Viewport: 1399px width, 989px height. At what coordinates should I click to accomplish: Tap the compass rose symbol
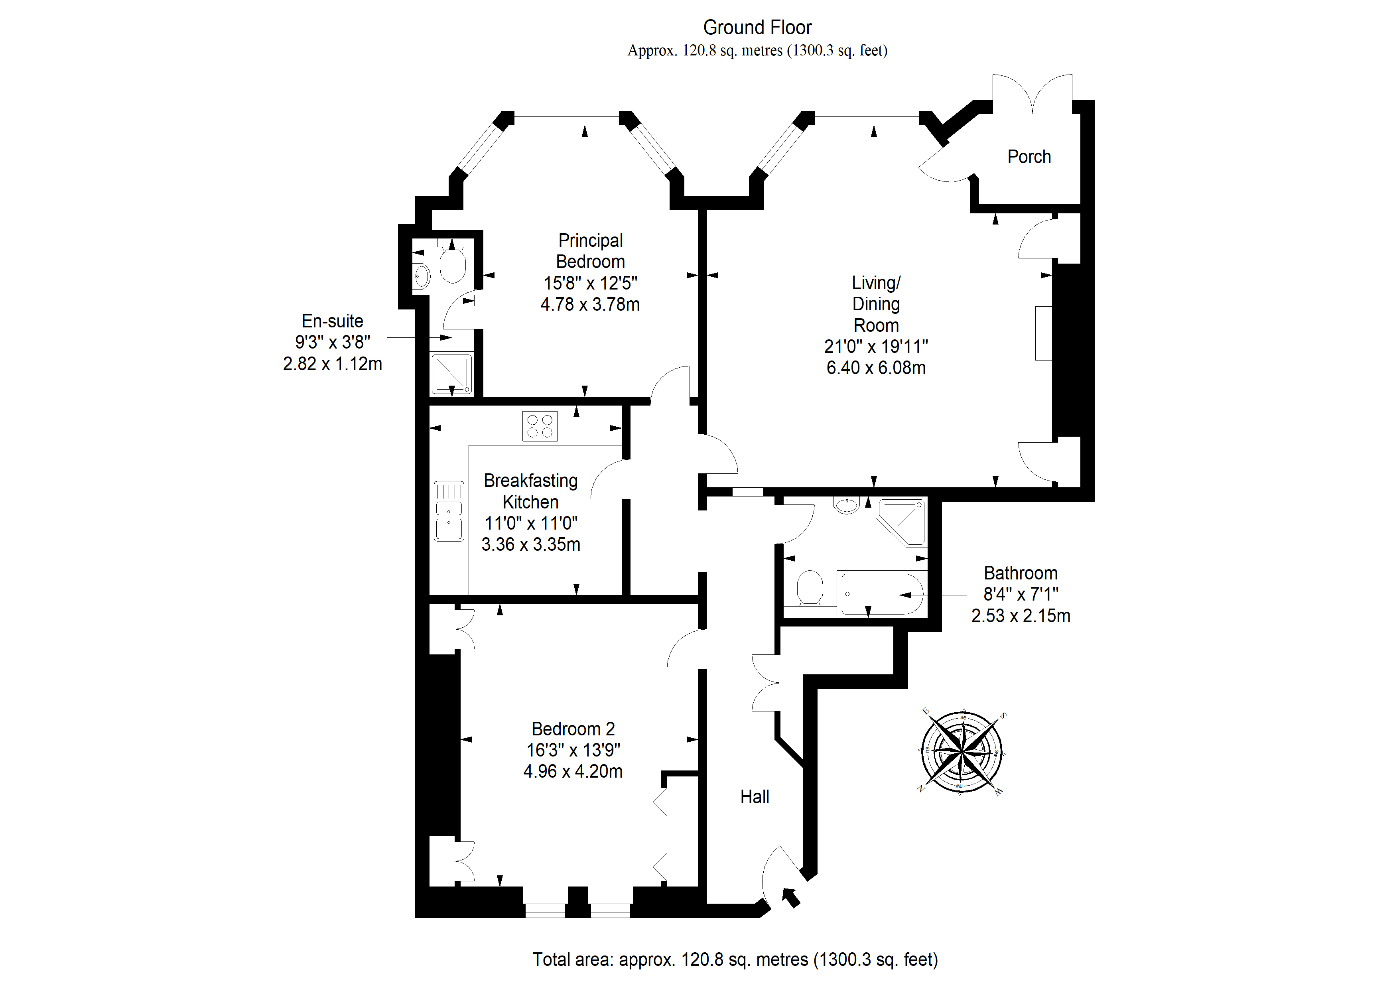click(x=961, y=752)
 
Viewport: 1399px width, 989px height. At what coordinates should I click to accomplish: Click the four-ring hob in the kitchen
click(x=539, y=426)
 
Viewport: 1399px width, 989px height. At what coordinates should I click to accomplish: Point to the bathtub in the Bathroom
click(x=882, y=593)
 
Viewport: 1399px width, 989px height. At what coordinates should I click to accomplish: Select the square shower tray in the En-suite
click(x=451, y=374)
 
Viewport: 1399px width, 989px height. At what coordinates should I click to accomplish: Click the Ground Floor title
click(x=757, y=28)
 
